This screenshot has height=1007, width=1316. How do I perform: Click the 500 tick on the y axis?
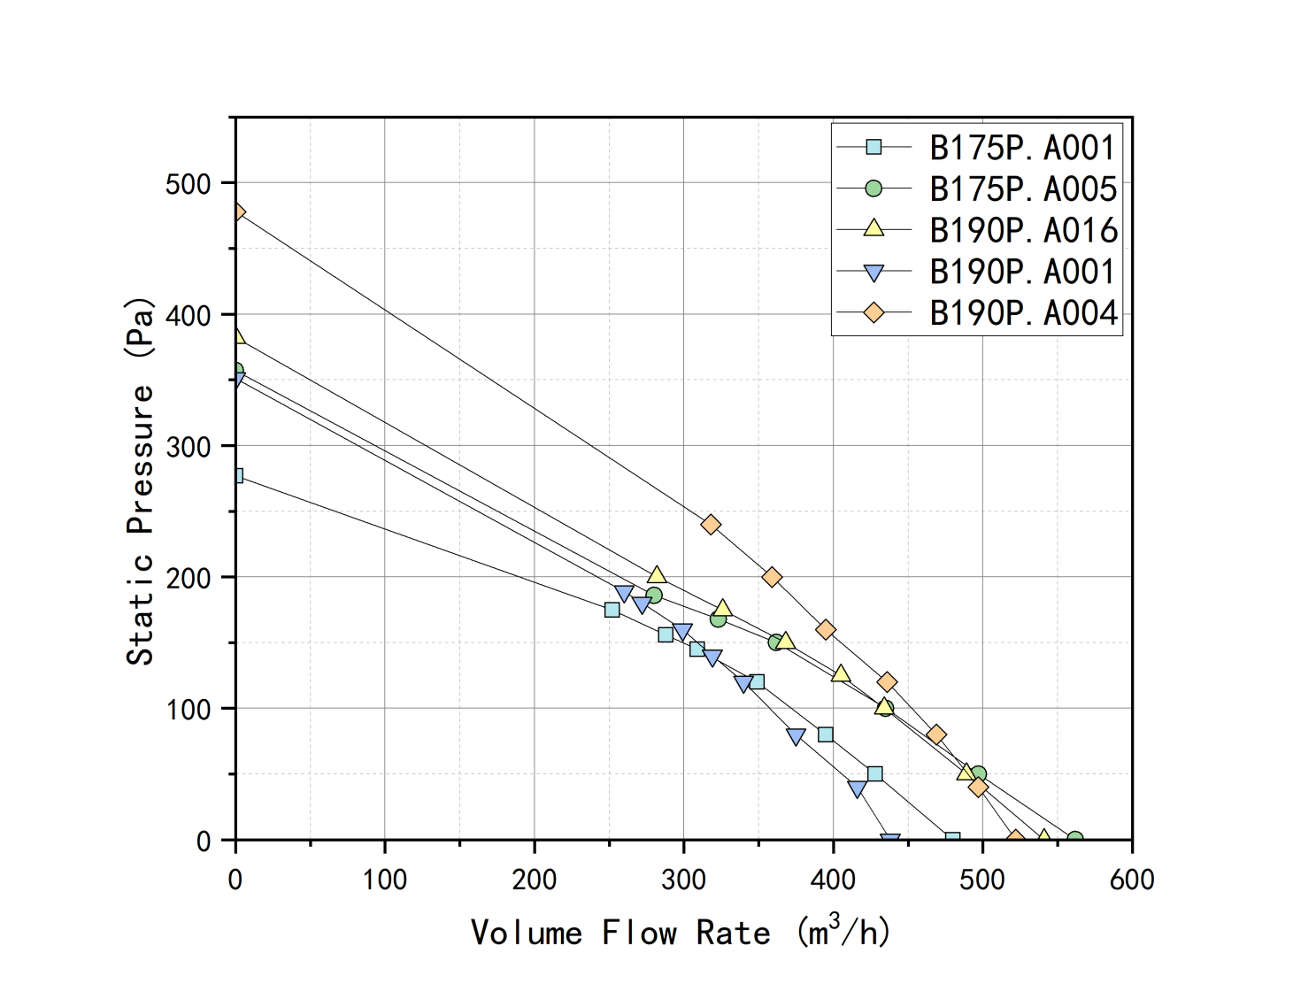click(x=188, y=184)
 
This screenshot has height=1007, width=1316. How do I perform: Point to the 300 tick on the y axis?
click(x=188, y=447)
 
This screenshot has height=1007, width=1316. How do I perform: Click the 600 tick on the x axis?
click(x=1132, y=880)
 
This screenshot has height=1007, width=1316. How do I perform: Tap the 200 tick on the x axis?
click(x=535, y=880)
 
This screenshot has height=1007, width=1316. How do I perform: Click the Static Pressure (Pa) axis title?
click(x=140, y=481)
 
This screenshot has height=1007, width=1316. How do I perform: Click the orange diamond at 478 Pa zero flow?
click(x=236, y=212)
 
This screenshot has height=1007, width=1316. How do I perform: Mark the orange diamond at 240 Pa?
click(x=711, y=525)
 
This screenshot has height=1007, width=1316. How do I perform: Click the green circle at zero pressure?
click(x=1074, y=838)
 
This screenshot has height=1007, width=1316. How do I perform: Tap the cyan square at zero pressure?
click(x=952, y=838)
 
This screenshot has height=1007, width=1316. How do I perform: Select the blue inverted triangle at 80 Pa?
click(x=796, y=736)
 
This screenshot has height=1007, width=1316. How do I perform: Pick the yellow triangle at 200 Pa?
click(x=657, y=576)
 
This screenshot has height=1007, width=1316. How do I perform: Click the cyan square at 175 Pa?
click(x=612, y=610)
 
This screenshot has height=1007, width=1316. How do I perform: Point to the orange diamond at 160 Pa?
click(x=826, y=630)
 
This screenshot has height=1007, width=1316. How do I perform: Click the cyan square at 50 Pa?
click(x=874, y=774)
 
